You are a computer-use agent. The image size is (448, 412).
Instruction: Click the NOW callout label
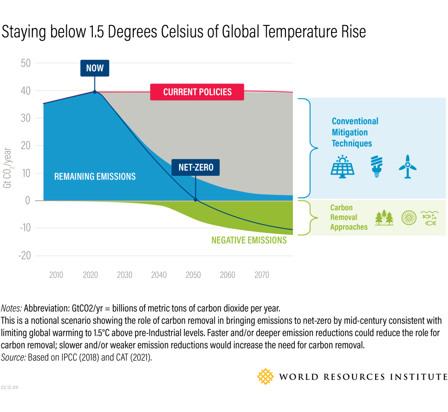[x=95, y=69]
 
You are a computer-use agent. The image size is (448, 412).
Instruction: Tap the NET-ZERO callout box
[x=195, y=167]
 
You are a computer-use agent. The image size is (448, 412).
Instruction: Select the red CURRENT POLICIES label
[x=197, y=92]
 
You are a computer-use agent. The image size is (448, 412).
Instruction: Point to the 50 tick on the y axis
[x=26, y=63]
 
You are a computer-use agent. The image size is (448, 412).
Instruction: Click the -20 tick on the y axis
[x=25, y=256]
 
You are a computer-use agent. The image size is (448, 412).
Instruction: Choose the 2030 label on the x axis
[x=124, y=275]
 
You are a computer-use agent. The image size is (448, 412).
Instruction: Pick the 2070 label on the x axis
[x=262, y=275]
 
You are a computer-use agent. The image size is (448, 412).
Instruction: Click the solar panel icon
[x=343, y=166]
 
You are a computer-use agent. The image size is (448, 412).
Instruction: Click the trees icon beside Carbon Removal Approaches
[x=384, y=217]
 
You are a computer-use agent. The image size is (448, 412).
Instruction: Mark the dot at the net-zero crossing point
[x=195, y=200]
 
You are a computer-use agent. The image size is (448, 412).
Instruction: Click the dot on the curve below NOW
[x=95, y=92]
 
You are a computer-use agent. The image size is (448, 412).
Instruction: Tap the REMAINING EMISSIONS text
[x=95, y=176]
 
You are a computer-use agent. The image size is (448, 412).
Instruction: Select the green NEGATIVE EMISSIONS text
[x=249, y=240]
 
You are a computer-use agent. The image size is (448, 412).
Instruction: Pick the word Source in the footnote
[x=13, y=357]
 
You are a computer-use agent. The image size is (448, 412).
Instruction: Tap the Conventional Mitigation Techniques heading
[x=355, y=132]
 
